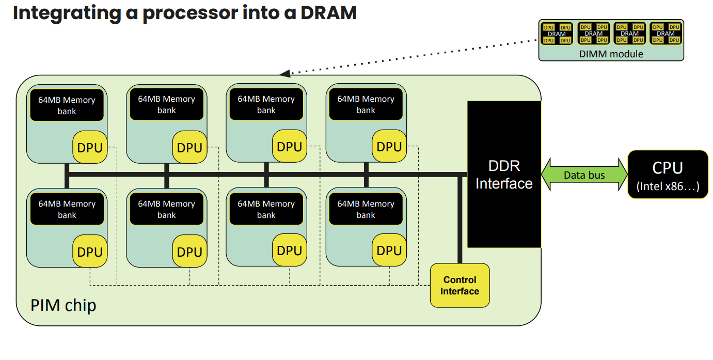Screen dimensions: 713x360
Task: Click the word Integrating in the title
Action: [x=67, y=13]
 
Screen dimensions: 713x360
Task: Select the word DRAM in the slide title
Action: [x=328, y=13]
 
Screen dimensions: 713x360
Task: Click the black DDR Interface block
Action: [x=504, y=175]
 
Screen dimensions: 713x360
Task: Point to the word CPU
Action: [x=668, y=168]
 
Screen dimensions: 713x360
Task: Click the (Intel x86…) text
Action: [x=668, y=186]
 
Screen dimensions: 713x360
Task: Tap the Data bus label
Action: [x=584, y=175]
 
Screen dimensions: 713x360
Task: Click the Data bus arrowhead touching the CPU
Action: [x=623, y=175]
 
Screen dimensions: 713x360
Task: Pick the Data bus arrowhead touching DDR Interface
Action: [x=546, y=175]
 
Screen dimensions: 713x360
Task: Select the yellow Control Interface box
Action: [x=460, y=285]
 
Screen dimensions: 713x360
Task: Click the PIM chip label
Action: [x=63, y=306]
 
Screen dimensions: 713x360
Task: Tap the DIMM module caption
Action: [x=611, y=54]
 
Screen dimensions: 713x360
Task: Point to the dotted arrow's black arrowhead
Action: [x=285, y=73]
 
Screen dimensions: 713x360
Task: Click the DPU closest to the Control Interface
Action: [x=389, y=251]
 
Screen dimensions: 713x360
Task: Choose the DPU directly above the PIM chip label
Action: [x=90, y=252]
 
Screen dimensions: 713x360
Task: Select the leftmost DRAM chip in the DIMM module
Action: [x=557, y=34]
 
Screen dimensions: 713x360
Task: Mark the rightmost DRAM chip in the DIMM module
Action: [x=666, y=34]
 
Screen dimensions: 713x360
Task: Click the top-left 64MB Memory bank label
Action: [x=67, y=105]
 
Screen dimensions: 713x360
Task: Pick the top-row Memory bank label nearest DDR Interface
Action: [x=366, y=104]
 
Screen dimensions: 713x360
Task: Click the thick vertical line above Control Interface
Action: [x=460, y=220]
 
